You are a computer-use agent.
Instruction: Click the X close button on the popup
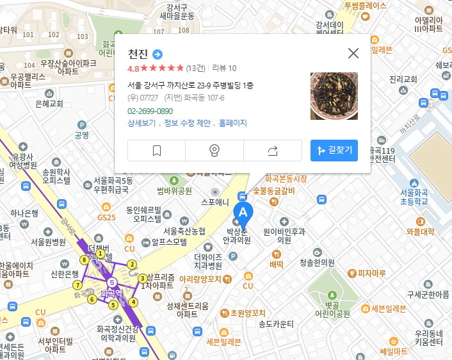click(353, 53)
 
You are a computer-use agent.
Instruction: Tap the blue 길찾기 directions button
click(334, 151)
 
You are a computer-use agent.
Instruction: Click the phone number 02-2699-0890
click(150, 111)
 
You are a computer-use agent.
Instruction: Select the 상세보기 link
click(141, 123)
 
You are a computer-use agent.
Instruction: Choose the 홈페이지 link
click(232, 123)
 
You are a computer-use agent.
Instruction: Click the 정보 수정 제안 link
click(188, 123)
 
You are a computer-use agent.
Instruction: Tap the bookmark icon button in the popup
click(156, 151)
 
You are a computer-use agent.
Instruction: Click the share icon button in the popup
click(272, 151)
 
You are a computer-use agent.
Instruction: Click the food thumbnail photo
click(334, 96)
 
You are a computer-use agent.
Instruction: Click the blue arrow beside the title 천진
click(158, 54)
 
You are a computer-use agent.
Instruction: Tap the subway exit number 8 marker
click(84, 259)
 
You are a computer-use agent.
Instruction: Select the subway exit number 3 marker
click(142, 278)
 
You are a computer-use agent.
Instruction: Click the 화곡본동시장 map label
click(286, 179)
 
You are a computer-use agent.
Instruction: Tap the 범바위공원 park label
click(174, 191)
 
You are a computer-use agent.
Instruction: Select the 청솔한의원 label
click(317, 263)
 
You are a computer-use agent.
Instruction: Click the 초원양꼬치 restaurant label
click(246, 313)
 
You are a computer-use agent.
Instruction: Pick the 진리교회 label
click(403, 79)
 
